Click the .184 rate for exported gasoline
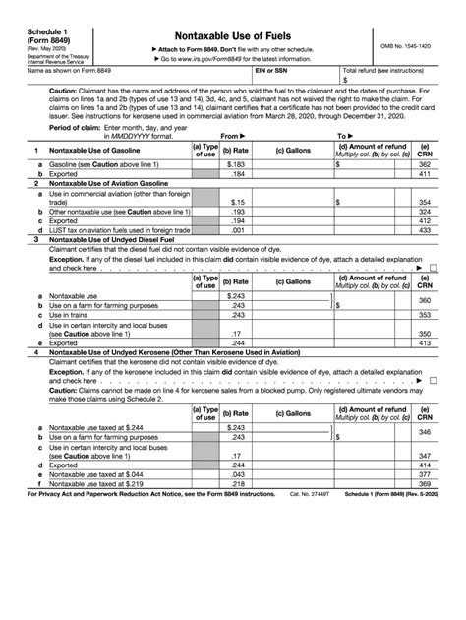(x=236, y=174)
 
